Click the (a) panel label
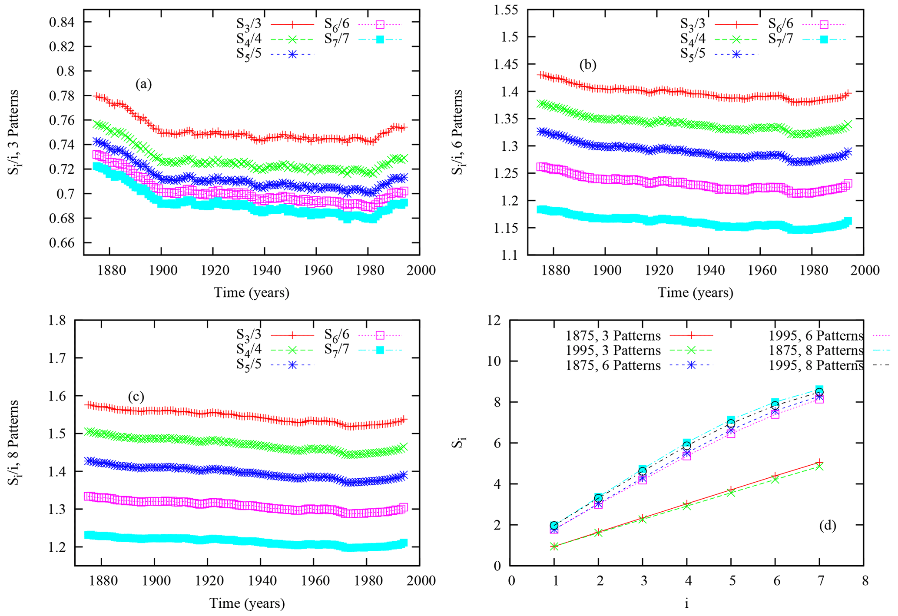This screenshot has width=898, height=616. coord(143,84)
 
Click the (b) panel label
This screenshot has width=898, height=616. coord(587,65)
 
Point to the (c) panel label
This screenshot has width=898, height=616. coord(136,397)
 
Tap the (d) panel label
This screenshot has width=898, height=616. coord(828,525)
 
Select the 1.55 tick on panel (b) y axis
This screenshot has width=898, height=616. coord(506,10)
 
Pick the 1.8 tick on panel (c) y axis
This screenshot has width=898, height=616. coord(57,321)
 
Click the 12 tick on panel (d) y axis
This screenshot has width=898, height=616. coord(494,321)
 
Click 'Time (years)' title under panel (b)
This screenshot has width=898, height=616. coord(695,292)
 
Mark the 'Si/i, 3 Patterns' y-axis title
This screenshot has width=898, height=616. coord(14,132)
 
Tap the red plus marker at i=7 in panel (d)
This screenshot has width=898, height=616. coord(819,462)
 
